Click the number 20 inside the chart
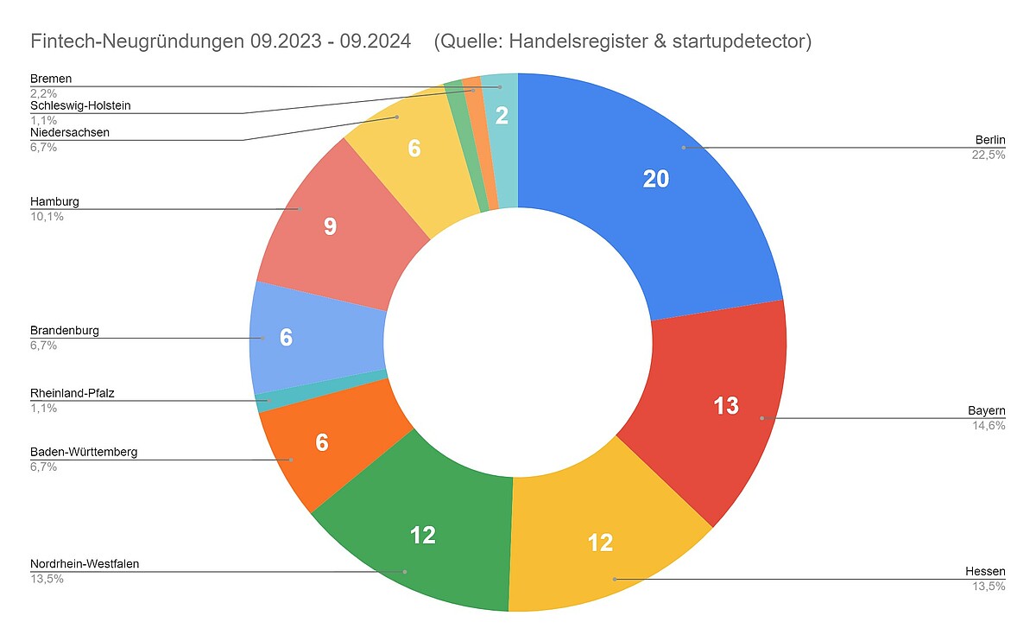tap(656, 179)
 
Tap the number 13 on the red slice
tap(726, 405)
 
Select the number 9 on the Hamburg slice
tap(330, 227)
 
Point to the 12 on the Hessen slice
tap(600, 543)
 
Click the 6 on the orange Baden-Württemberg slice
tap(322, 443)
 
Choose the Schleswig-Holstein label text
tap(80, 106)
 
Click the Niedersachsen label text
tap(70, 133)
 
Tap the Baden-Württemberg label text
tap(84, 452)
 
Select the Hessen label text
tap(985, 573)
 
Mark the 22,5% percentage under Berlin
tap(989, 155)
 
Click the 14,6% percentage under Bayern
tap(989, 425)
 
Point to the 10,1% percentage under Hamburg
tap(47, 216)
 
